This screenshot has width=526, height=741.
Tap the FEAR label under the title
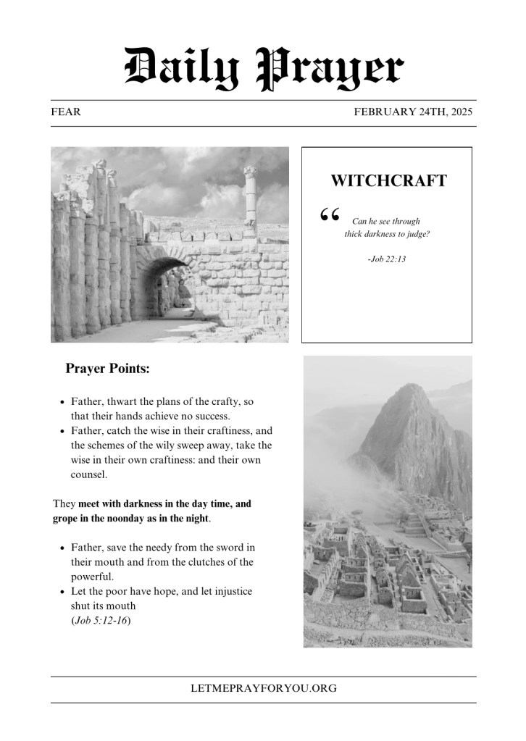(66, 112)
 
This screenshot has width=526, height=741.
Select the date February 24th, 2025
(412, 112)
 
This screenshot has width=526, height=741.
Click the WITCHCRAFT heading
(388, 181)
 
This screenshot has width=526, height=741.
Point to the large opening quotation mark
(329, 215)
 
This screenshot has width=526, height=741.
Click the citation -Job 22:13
(387, 258)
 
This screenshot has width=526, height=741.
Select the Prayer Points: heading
(108, 369)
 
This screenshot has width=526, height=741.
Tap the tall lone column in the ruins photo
(251, 196)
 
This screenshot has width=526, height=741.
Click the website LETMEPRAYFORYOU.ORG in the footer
(263, 689)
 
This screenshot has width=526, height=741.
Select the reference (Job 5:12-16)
(101, 620)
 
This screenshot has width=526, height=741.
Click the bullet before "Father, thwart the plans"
(62, 401)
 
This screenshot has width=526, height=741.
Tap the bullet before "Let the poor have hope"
(62, 592)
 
